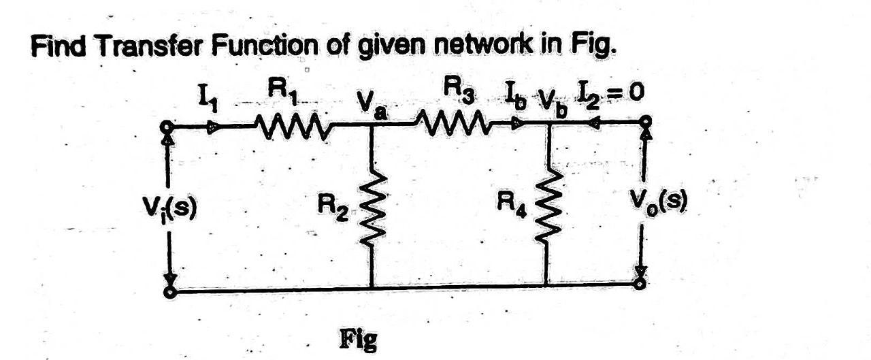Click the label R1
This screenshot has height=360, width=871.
281,90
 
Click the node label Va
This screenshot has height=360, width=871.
372,108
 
